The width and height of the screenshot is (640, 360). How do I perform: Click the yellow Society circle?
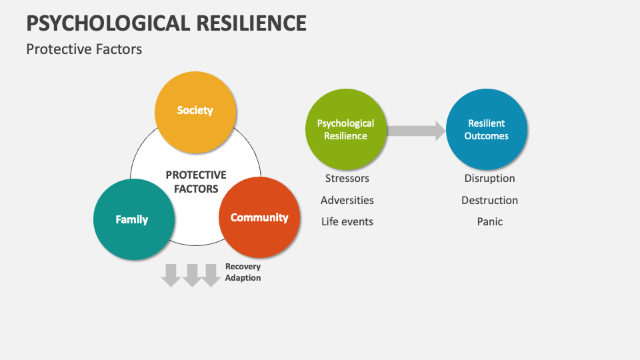click(x=195, y=111)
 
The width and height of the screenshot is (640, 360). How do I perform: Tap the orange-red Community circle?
click(x=259, y=218)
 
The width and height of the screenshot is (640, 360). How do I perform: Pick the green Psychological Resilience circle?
click(x=345, y=129)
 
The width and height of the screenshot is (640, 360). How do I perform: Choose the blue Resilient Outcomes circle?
click(x=487, y=129)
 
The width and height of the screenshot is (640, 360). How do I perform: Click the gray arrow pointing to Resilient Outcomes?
click(x=416, y=131)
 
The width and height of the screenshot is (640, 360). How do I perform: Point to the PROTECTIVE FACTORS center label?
click(x=196, y=181)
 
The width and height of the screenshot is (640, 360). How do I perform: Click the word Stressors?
click(x=347, y=179)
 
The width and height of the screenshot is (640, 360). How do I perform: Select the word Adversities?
click(x=347, y=200)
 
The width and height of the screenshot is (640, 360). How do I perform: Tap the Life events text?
click(x=347, y=221)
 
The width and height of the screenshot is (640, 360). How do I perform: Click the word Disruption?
click(x=489, y=179)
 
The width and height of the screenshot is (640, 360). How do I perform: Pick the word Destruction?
click(x=489, y=200)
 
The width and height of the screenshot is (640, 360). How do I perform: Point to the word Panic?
click(x=489, y=221)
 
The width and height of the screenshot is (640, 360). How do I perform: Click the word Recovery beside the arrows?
click(x=243, y=267)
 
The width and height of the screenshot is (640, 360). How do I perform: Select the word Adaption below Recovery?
click(x=243, y=277)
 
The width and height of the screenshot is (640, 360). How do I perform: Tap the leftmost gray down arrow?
click(x=171, y=275)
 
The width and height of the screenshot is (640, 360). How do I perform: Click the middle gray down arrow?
click(x=192, y=275)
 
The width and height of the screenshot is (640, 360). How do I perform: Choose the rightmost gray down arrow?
click(x=211, y=275)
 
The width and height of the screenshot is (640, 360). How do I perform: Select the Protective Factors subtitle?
click(x=84, y=49)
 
